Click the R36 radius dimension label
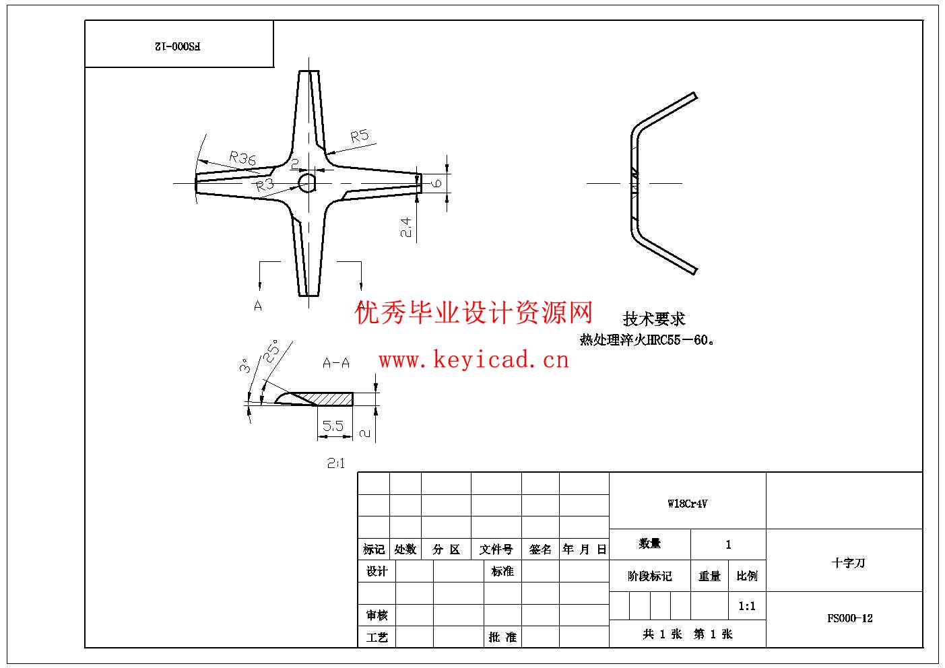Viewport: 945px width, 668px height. pos(242,159)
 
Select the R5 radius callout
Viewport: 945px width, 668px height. pos(360,136)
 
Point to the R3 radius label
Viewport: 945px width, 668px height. pos(265,185)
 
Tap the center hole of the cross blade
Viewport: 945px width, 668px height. pos(307,182)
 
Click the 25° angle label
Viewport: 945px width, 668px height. pos(271,352)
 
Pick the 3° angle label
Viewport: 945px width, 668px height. pos(245,366)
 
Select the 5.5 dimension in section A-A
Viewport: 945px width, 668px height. pos(333,426)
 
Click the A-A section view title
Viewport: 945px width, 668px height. pos(336,364)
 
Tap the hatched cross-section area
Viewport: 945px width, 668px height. pos(330,399)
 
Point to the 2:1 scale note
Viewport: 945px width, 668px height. pos(335,463)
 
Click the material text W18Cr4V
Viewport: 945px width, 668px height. pos(687,504)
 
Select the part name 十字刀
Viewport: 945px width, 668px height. pos(848,563)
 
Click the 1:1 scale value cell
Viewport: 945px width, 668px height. pos(747,606)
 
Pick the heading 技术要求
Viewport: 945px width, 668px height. pos(653,319)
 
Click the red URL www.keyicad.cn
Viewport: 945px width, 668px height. pos(474,360)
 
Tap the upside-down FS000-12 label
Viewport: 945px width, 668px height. pos(178,46)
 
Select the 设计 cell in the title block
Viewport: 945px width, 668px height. pos(377,572)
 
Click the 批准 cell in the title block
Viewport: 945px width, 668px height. pos(502,637)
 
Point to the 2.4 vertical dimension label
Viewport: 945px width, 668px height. pos(405,227)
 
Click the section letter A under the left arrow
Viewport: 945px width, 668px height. pos(258,306)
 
